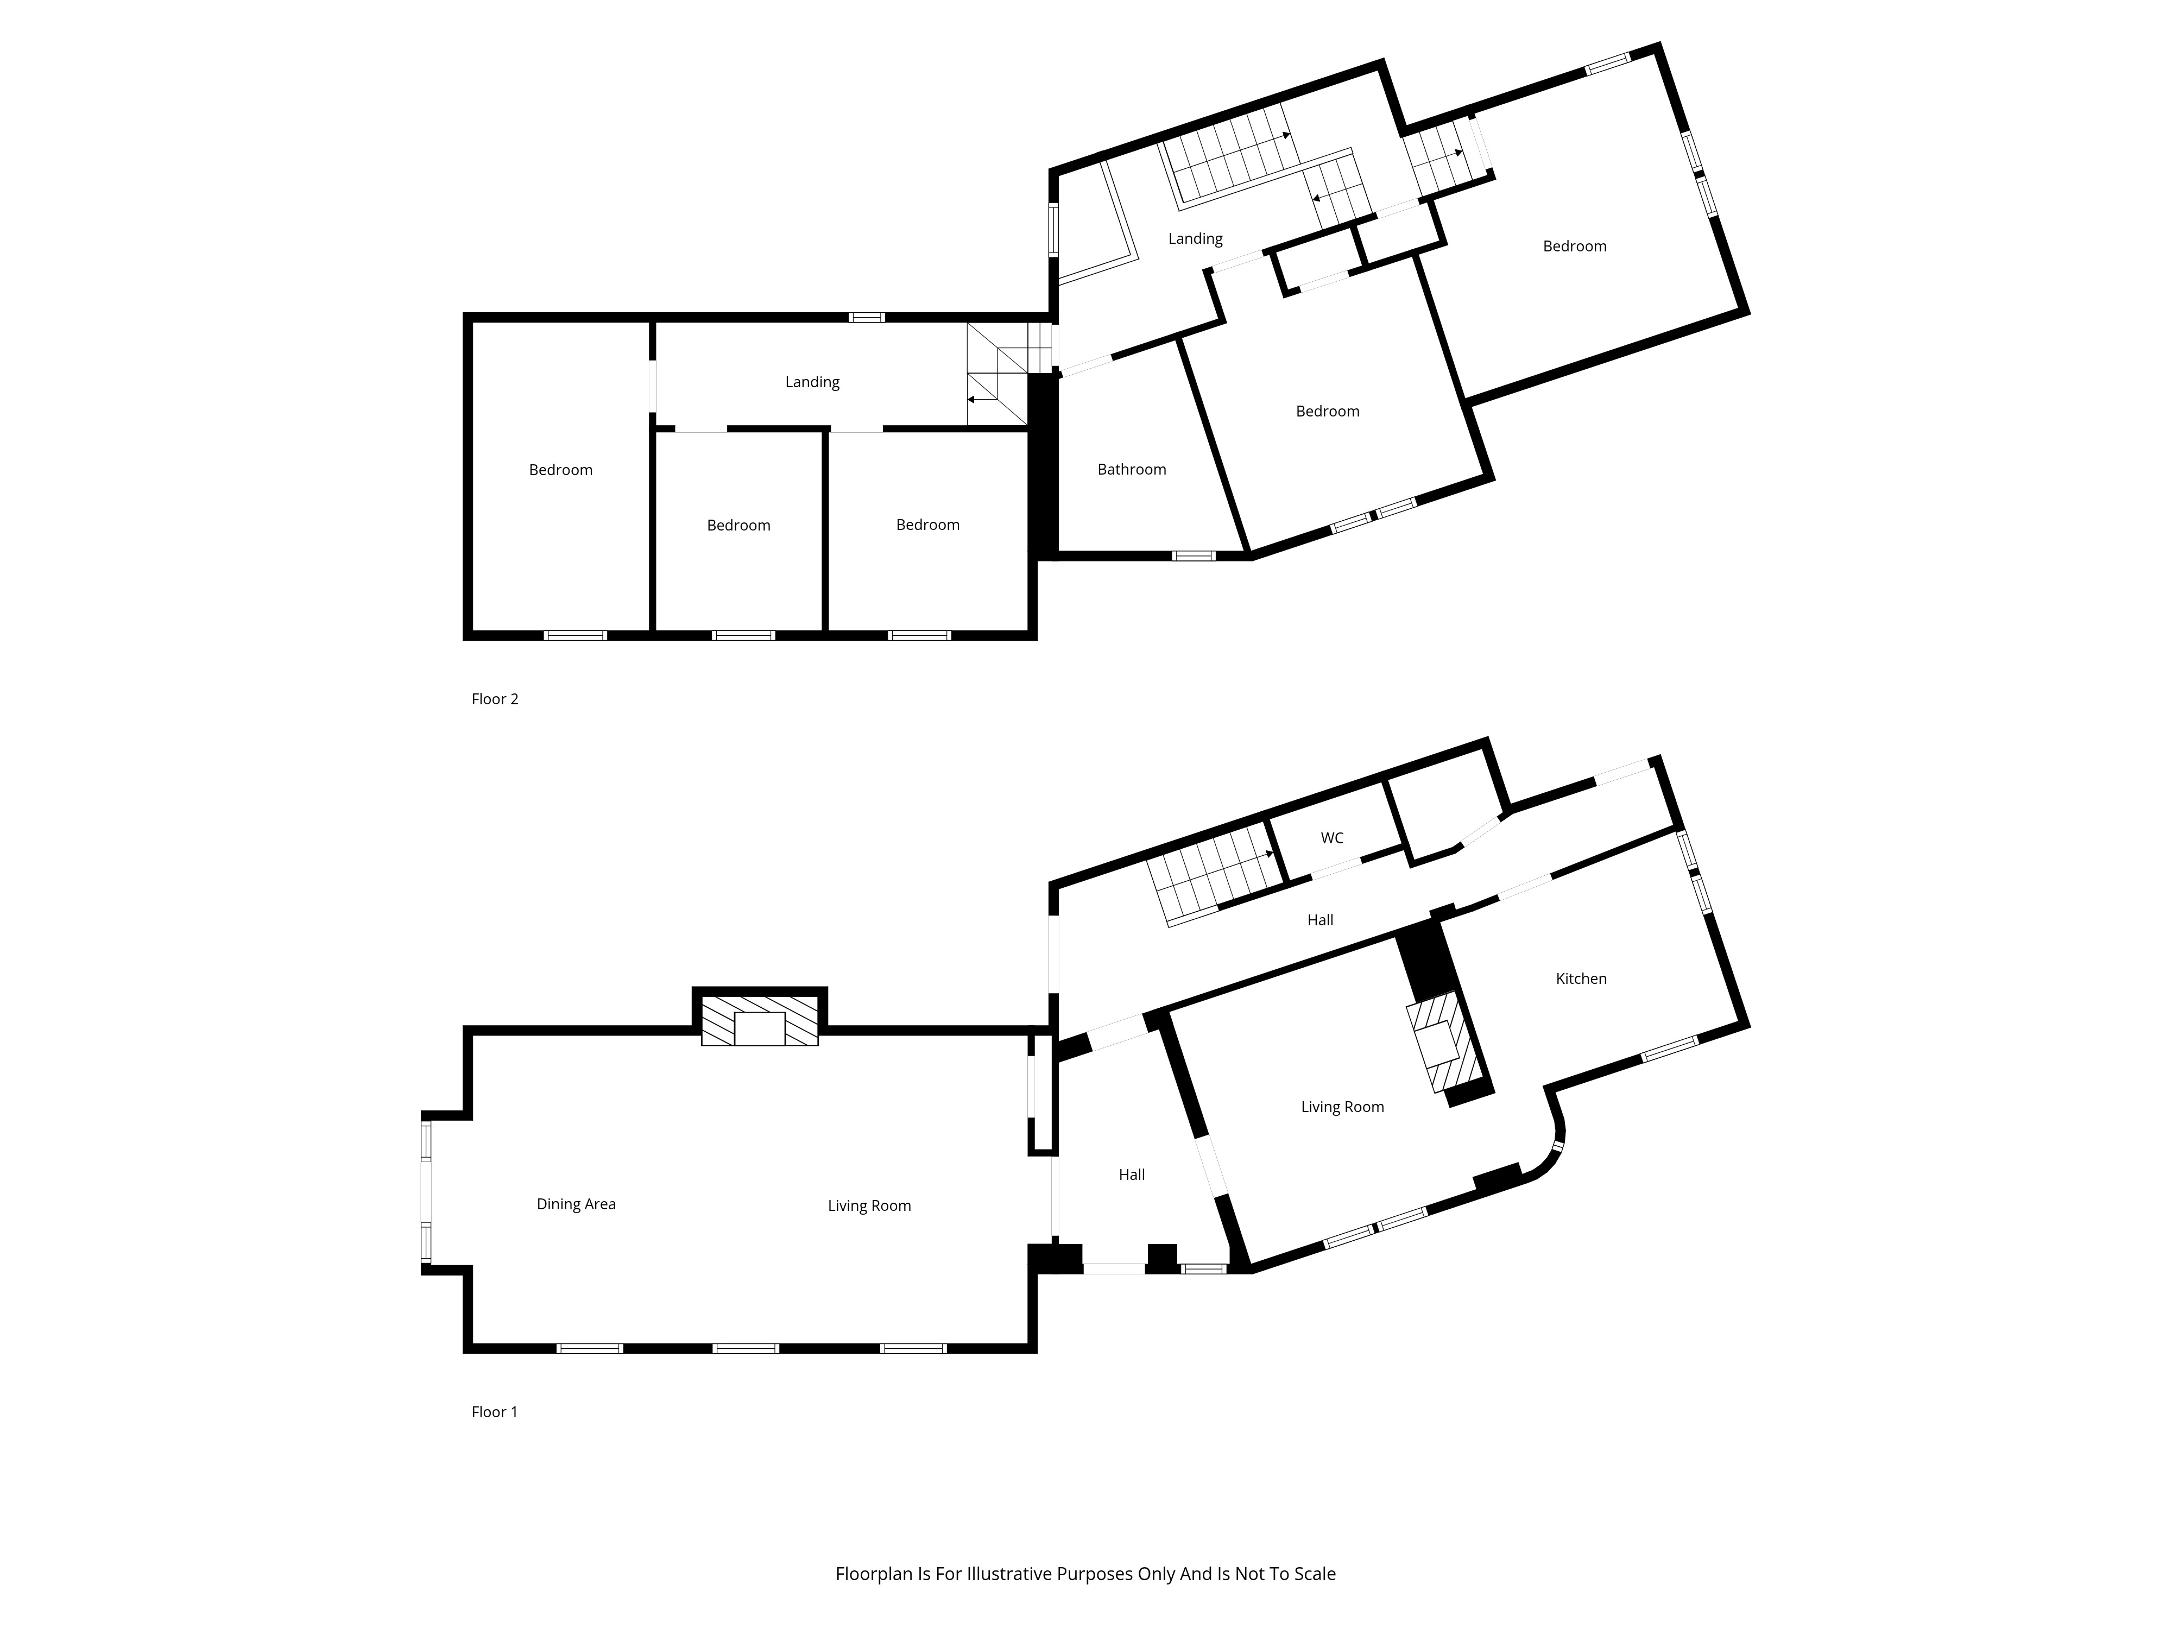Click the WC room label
click(1331, 837)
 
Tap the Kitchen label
click(1581, 978)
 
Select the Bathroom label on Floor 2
click(1131, 469)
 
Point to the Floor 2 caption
click(495, 699)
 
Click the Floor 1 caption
click(494, 1412)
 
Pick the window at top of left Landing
click(866, 317)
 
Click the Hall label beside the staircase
click(1319, 920)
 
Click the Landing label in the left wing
click(812, 382)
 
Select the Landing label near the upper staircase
click(1195, 238)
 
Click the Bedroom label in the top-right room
click(1574, 247)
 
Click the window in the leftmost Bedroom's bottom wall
click(576, 635)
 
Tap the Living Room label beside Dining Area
click(869, 1206)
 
